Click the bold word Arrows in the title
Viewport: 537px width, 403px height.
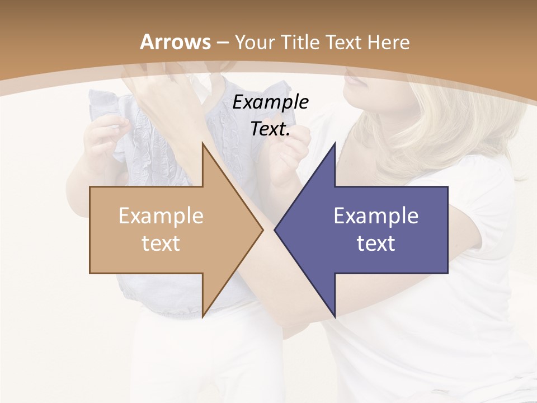click(176, 42)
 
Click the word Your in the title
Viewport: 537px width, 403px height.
click(254, 42)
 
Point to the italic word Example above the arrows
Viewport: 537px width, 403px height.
click(271, 102)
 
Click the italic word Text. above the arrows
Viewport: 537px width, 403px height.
click(271, 129)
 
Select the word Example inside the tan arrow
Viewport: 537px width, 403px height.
click(161, 216)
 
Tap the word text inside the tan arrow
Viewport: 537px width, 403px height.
click(161, 243)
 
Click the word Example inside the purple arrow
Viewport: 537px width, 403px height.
click(376, 216)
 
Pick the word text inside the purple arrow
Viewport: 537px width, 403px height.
click(376, 243)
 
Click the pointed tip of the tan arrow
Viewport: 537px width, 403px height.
click(263, 229)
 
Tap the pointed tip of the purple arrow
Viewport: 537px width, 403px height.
click(275, 229)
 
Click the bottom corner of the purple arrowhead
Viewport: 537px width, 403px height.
click(335, 317)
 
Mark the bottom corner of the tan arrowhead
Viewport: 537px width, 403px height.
click(202, 317)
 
